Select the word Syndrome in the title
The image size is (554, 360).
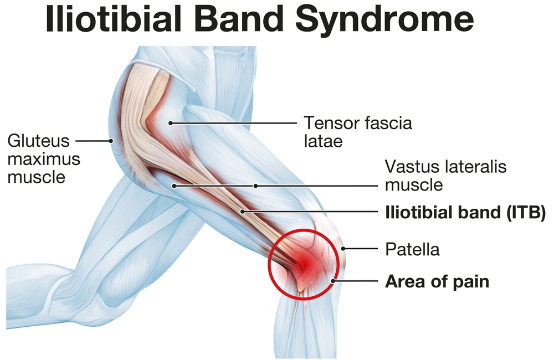pyautogui.click(x=384, y=21)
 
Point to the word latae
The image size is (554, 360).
pyautogui.click(x=324, y=141)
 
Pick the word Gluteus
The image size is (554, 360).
pyautogui.click(x=39, y=141)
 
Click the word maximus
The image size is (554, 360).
pyautogui.click(x=44, y=160)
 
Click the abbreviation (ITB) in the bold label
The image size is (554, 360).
pyautogui.click(x=526, y=213)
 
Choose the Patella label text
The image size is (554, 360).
pyautogui.click(x=412, y=249)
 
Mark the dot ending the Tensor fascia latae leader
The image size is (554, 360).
pyautogui.click(x=170, y=124)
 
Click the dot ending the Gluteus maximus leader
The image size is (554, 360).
pyautogui.click(x=111, y=141)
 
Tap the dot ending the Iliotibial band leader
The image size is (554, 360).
pyautogui.click(x=243, y=212)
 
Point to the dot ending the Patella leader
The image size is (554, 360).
pyautogui.click(x=343, y=249)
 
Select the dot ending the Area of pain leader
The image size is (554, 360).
pyautogui.click(x=333, y=281)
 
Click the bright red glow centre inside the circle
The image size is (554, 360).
pyautogui.click(x=306, y=263)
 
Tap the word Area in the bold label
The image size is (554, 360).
pyautogui.click(x=402, y=281)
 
